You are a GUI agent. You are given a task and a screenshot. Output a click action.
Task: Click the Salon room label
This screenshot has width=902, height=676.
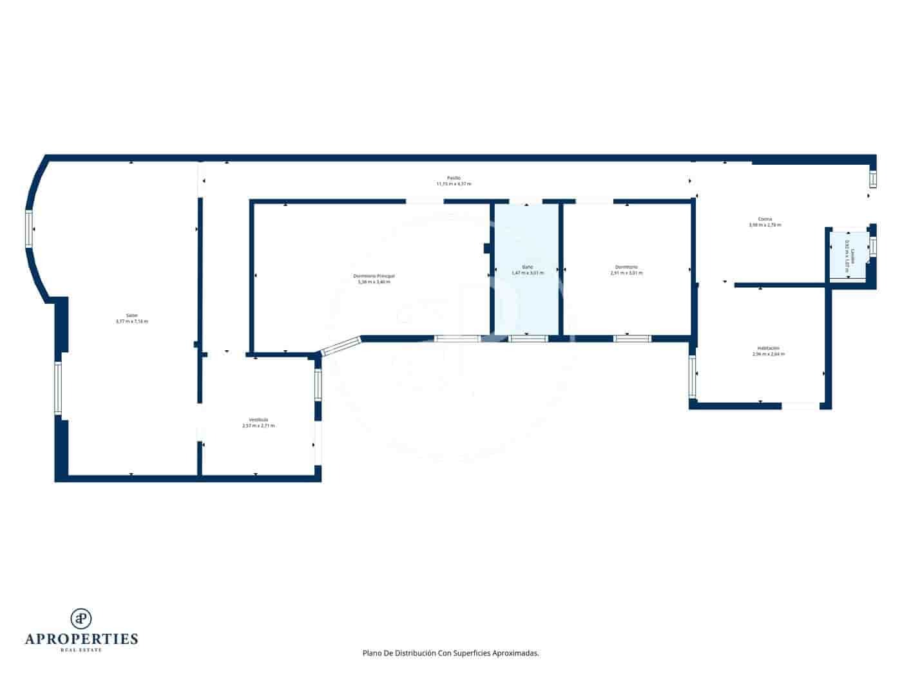click(x=131, y=315)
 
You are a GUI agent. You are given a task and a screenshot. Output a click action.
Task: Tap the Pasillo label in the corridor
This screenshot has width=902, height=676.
click(x=454, y=178)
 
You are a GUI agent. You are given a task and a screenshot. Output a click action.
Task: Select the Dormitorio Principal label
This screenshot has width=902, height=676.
click(x=374, y=276)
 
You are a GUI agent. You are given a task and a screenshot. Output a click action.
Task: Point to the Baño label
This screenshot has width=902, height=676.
click(x=527, y=267)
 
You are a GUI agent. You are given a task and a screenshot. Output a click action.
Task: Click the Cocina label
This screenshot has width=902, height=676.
click(x=765, y=219)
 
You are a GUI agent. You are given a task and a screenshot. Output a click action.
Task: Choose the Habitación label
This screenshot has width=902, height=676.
click(x=768, y=348)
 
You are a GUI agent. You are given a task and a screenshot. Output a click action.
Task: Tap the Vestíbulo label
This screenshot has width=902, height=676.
click(x=258, y=420)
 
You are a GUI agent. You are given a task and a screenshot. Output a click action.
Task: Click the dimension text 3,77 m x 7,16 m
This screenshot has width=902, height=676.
click(x=131, y=321)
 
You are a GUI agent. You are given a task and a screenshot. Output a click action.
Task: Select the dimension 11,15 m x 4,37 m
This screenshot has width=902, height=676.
click(x=454, y=184)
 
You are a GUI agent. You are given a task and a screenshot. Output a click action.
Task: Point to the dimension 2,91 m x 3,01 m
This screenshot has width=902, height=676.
click(x=626, y=273)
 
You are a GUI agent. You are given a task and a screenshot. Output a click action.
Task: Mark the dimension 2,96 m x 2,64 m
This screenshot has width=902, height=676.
click(x=768, y=354)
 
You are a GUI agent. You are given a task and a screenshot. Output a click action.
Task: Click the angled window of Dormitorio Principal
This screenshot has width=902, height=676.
click(x=341, y=346)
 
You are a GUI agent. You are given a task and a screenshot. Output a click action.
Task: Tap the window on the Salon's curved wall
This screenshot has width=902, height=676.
click(x=30, y=229)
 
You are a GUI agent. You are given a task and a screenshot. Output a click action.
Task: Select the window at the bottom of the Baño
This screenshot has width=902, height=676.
click(x=528, y=338)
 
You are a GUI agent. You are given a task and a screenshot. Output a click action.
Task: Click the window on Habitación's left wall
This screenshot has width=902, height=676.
click(x=693, y=376)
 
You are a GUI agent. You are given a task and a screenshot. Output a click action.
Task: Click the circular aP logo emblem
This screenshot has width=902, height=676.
click(x=81, y=618)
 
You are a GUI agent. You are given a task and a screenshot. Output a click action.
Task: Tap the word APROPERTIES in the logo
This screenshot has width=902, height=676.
click(x=81, y=639)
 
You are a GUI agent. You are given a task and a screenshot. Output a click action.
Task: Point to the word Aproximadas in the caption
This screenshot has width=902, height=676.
click(x=515, y=653)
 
